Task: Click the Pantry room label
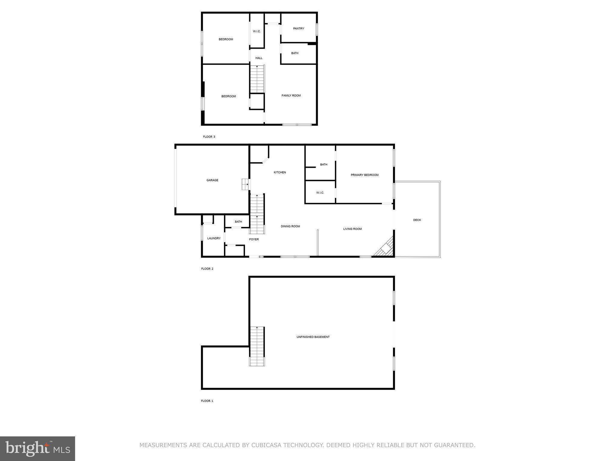[x=298, y=29]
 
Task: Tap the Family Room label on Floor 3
[x=291, y=95]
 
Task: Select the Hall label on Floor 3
[x=259, y=58]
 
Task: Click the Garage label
[x=212, y=180]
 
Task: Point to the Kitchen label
[x=280, y=172]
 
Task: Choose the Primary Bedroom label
[x=365, y=175]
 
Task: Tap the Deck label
[x=417, y=220]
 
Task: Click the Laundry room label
[x=214, y=238]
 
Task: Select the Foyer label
[x=254, y=239]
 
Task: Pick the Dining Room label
[x=290, y=226]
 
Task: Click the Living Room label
[x=353, y=229]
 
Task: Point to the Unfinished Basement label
[x=313, y=337]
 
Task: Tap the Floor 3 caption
[x=209, y=137]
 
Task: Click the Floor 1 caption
[x=207, y=401]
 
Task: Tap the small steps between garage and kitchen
[x=246, y=184]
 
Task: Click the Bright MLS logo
[x=38, y=449]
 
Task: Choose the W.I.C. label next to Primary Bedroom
[x=320, y=193]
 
